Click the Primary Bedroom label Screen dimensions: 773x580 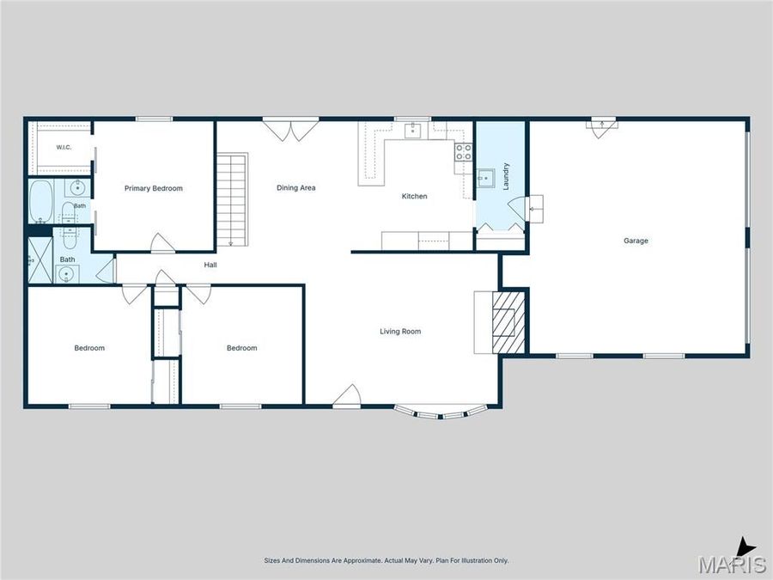[x=154, y=188]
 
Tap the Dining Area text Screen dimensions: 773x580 [x=295, y=187]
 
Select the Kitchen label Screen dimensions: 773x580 [x=414, y=196]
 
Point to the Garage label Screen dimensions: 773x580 [x=636, y=241]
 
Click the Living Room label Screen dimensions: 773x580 [x=400, y=332]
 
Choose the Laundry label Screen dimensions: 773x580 [x=505, y=176]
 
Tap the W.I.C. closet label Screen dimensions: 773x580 [x=64, y=147]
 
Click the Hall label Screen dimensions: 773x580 [x=210, y=265]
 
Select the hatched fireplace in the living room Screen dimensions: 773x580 [x=508, y=322]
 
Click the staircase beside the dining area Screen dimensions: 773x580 [x=232, y=199]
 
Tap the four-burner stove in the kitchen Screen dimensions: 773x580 [x=463, y=151]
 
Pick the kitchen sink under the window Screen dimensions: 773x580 [x=412, y=131]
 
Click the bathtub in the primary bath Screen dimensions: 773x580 [x=41, y=202]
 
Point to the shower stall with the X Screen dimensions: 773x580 [x=40, y=260]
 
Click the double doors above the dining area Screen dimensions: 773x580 [x=291, y=129]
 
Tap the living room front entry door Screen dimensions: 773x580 [x=347, y=396]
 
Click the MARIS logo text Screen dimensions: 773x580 [x=732, y=564]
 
